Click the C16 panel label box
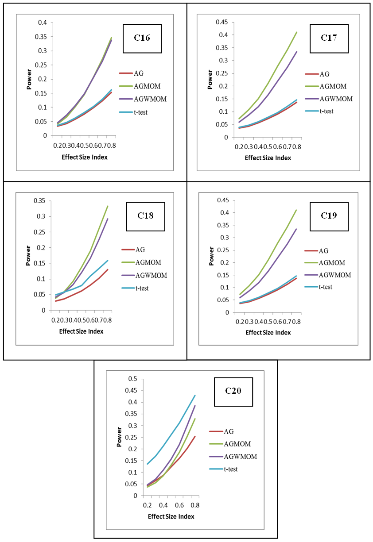point(142,38)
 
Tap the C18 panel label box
point(145,216)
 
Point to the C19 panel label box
point(329,215)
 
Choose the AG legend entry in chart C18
point(140,250)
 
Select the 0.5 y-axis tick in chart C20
point(132,379)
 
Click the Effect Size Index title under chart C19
point(268,333)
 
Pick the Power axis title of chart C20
point(119,437)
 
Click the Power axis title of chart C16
point(29,79)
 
